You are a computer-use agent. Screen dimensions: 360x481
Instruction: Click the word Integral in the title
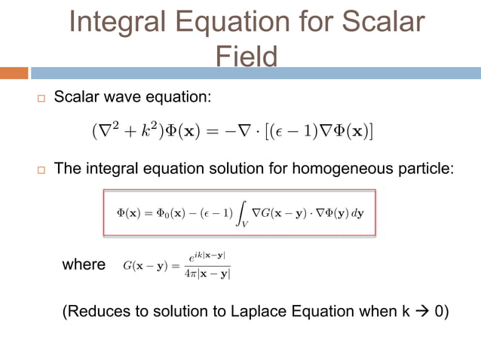point(121,23)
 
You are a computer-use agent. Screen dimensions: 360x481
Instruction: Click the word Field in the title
point(246,56)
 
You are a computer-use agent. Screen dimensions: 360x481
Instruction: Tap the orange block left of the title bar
point(14,73)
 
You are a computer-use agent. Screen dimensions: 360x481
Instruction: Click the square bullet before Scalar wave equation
point(41,99)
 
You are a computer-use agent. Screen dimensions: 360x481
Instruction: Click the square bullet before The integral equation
point(41,169)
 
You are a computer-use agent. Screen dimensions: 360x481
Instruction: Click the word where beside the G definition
point(84,264)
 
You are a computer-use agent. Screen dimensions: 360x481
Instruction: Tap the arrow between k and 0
point(418,311)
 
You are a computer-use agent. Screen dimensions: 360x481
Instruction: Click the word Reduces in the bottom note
point(97,311)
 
